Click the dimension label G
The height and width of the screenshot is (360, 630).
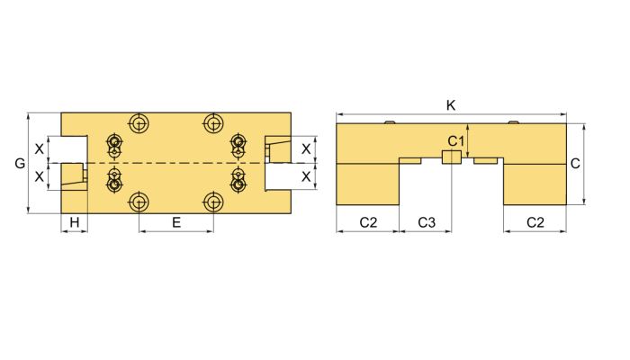click(x=20, y=163)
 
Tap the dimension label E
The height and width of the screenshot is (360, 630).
click(x=176, y=221)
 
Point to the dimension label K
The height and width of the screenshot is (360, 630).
click(x=451, y=105)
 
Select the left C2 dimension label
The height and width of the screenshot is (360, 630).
click(x=367, y=221)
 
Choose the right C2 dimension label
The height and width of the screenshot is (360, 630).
click(x=535, y=221)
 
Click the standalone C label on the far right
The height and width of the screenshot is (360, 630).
click(x=575, y=164)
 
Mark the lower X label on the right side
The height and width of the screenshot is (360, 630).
click(x=306, y=177)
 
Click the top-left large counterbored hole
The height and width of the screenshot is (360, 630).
click(x=139, y=122)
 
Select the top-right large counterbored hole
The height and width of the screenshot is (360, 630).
click(x=213, y=122)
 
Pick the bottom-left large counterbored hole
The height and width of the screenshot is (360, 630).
click(x=139, y=202)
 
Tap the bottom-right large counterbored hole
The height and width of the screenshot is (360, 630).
click(x=213, y=202)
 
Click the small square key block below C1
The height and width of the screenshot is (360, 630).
click(x=451, y=157)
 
